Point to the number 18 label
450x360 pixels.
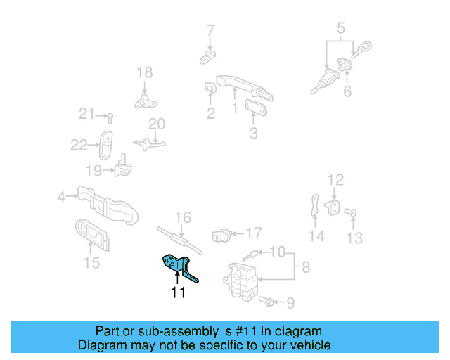tap(144, 72)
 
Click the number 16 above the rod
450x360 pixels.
tap(183, 217)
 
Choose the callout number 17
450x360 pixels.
tap(253, 232)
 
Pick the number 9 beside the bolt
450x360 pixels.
tap(290, 303)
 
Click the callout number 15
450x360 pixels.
tap(92, 262)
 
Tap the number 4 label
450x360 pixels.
tap(61, 198)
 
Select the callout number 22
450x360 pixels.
tap(79, 146)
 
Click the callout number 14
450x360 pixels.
tap(317, 236)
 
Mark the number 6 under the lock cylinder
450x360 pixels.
tap(347, 92)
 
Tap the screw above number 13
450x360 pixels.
tap(354, 212)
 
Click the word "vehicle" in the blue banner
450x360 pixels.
tap(309, 345)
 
